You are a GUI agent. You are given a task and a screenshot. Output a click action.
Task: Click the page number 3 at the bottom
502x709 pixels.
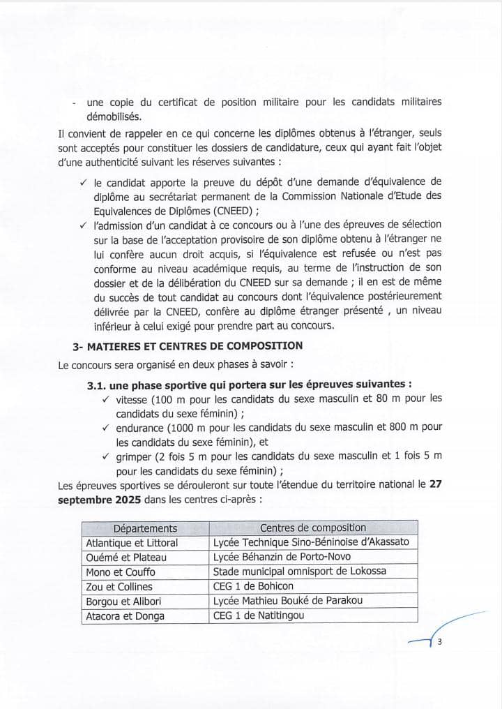(441, 643)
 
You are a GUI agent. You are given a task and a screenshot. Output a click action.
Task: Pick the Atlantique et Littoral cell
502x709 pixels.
(132, 542)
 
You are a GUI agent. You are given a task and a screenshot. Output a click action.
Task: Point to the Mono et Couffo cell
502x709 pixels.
(123, 572)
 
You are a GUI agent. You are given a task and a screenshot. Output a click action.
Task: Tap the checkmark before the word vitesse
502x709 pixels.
(106, 399)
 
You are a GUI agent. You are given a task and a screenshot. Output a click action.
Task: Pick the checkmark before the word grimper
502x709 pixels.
(106, 456)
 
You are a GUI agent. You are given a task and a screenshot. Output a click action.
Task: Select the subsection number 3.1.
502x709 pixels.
(97, 385)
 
